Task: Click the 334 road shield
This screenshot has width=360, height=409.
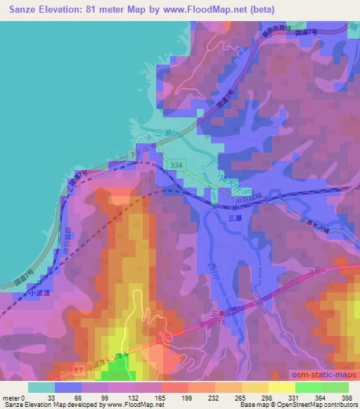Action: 177,164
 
